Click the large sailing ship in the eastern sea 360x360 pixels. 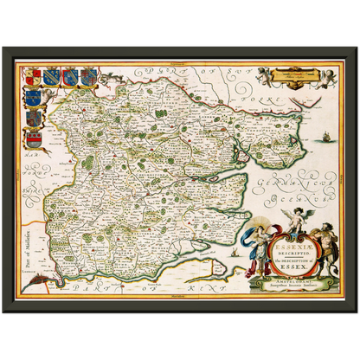click(x=324, y=138)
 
